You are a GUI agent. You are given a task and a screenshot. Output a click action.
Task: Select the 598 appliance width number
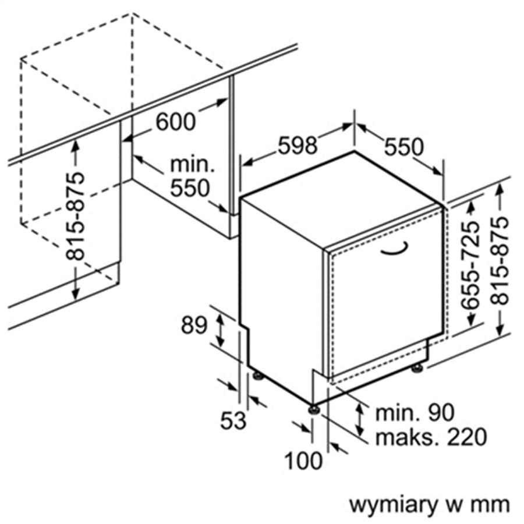point(298,146)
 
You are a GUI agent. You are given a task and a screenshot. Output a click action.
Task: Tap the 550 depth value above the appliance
point(403,147)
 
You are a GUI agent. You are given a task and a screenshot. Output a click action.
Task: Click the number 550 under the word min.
point(190,188)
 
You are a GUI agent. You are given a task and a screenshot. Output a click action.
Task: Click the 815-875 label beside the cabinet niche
point(75,216)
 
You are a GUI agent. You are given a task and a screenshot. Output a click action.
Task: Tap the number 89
point(194,325)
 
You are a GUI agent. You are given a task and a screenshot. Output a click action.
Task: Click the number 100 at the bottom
point(303,461)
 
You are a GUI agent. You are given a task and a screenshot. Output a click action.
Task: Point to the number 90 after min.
point(441,412)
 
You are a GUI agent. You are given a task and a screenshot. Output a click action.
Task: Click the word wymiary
point(394,505)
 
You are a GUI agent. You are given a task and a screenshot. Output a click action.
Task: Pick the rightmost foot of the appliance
point(417,369)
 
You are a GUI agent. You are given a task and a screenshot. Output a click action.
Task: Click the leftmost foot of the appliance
point(258,376)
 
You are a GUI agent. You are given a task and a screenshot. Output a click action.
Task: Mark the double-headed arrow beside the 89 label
point(219,327)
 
